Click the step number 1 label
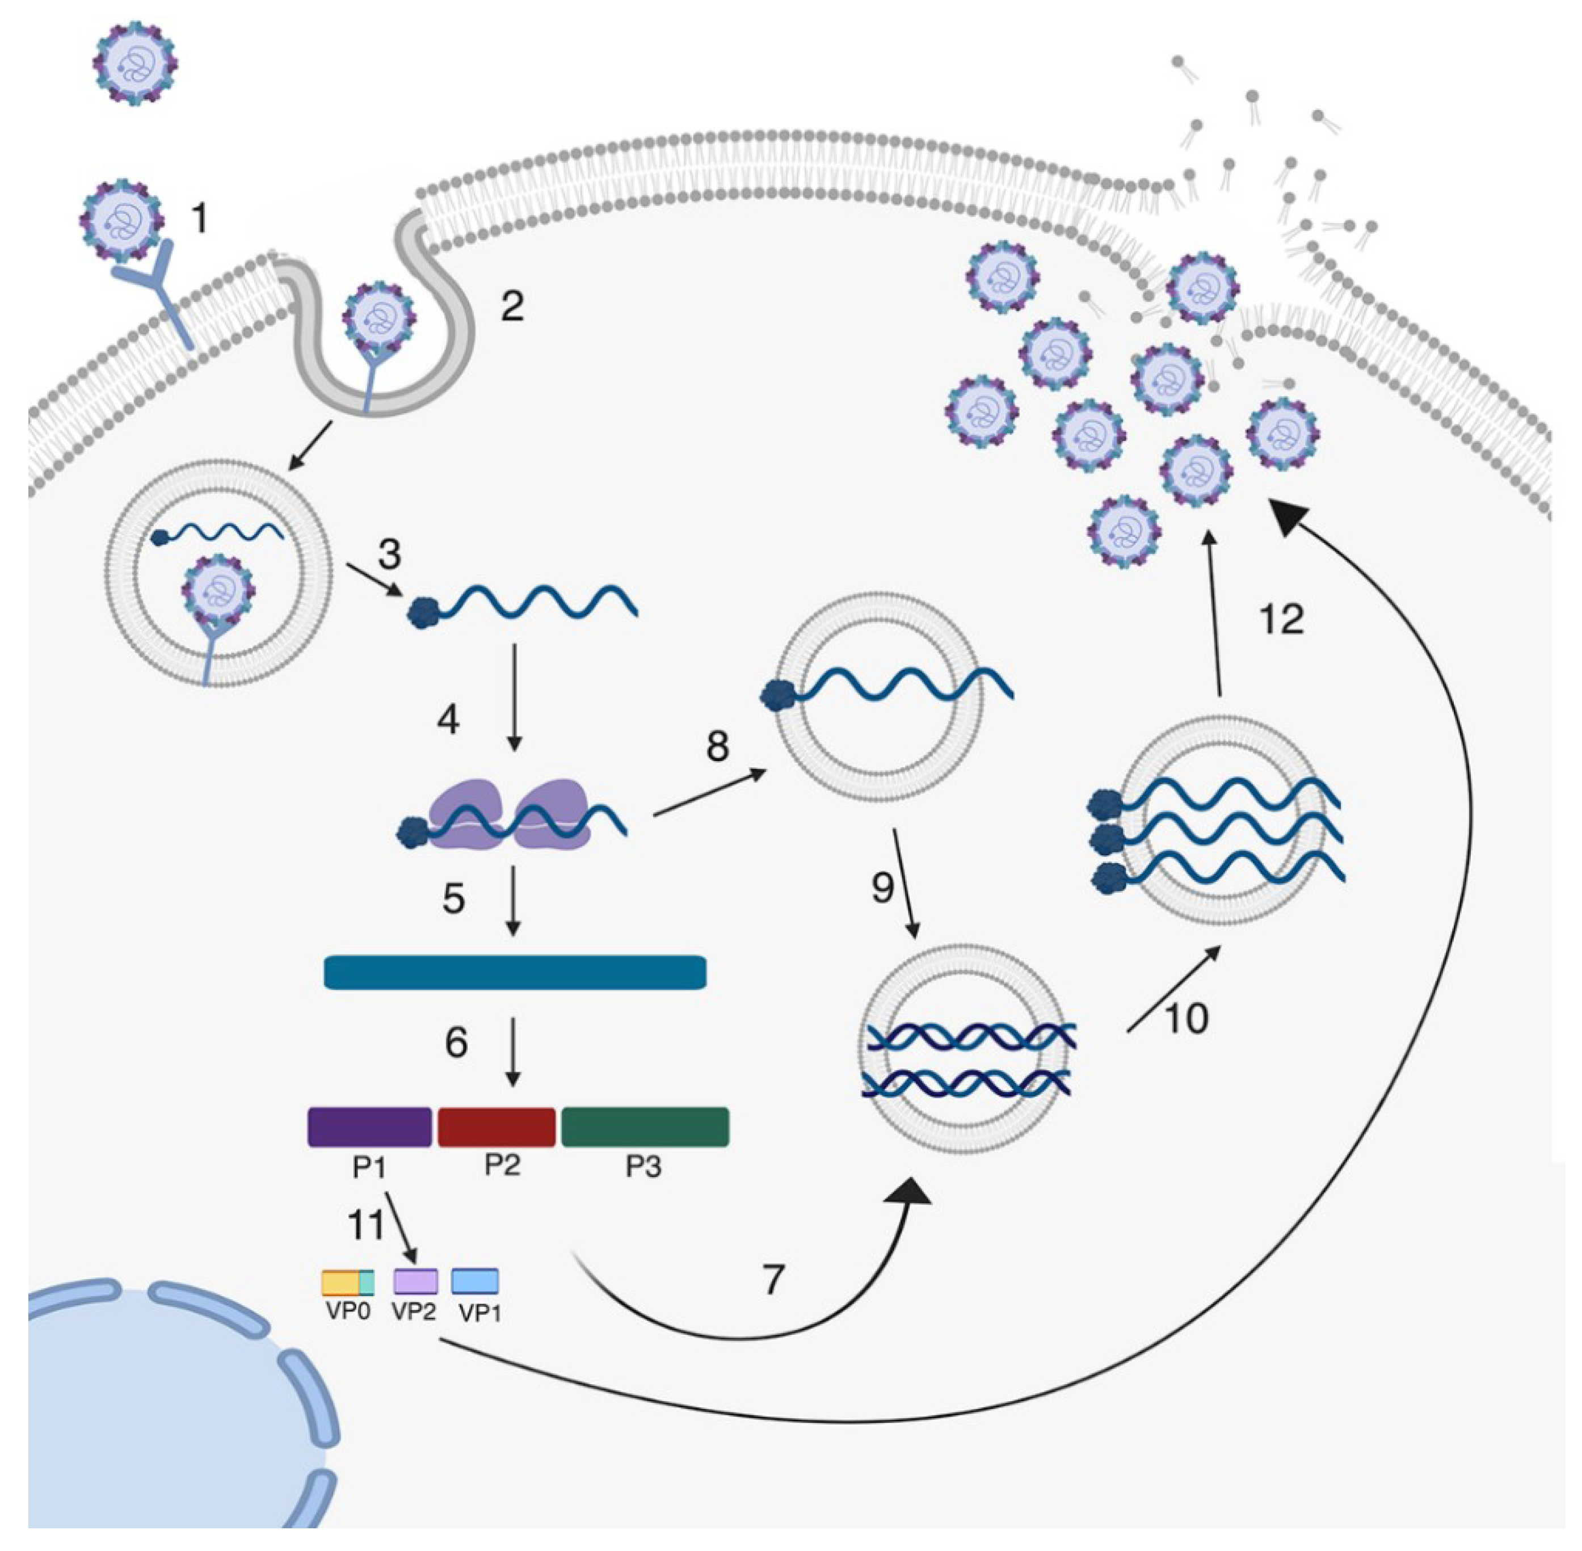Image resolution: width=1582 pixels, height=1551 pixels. (x=199, y=218)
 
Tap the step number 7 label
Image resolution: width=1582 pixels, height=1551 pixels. (x=772, y=1279)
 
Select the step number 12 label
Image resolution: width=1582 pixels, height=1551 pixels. (x=1281, y=619)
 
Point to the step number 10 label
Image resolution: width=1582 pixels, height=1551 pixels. (x=1186, y=1018)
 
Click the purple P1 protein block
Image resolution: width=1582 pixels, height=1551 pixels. (x=369, y=1127)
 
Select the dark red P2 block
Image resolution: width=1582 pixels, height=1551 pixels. (x=496, y=1127)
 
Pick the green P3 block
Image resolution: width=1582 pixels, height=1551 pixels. (x=645, y=1127)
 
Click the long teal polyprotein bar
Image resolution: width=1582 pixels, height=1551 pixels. (x=515, y=972)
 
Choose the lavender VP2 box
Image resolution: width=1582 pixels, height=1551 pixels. (x=415, y=1281)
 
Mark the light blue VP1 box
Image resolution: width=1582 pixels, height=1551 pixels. (x=475, y=1281)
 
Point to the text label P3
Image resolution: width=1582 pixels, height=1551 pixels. (x=643, y=1166)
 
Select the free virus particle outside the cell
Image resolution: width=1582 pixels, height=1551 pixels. (x=134, y=64)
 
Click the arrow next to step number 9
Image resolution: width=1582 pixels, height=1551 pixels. (x=906, y=883)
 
